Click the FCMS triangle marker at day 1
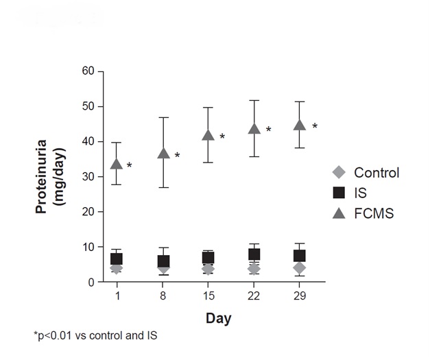coord(117,163)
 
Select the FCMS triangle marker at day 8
coord(163,153)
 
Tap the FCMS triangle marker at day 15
coord(208,134)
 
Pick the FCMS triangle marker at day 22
coord(254,128)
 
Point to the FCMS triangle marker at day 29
coord(300,125)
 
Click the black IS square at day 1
coord(117,259)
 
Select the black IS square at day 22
coord(254,254)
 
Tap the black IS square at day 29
coord(300,256)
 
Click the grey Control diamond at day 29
coord(300,267)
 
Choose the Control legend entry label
coord(377,173)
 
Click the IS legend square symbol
coord(337,193)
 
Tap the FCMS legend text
coord(374,213)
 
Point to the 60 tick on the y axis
coord(101,71)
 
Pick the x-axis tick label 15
coord(208,296)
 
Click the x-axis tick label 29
coord(300,296)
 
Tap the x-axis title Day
coord(219,319)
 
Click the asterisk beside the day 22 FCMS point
coord(269,130)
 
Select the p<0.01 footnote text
coord(95,335)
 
